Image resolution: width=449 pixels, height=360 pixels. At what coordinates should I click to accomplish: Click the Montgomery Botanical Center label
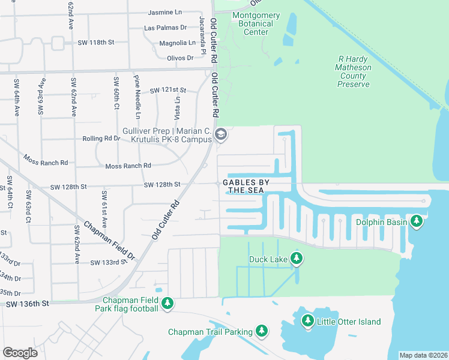[256, 23]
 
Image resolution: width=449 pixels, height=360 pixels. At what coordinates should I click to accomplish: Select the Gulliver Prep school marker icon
[220, 134]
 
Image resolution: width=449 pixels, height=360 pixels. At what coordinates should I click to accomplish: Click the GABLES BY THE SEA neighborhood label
[246, 186]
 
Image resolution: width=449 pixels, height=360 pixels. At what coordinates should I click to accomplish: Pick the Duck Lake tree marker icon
[296, 259]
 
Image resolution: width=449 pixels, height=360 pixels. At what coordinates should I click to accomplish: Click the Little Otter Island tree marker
[308, 322]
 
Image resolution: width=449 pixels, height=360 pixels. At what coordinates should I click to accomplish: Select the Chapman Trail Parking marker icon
[261, 331]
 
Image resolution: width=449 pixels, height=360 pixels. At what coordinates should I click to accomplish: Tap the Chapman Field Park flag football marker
[168, 304]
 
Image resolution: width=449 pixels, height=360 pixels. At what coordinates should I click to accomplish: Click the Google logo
[20, 353]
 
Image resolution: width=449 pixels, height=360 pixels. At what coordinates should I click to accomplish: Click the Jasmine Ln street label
[165, 12]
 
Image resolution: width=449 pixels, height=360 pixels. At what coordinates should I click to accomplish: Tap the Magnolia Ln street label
[177, 43]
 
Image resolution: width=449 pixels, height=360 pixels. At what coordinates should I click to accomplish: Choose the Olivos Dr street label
[181, 58]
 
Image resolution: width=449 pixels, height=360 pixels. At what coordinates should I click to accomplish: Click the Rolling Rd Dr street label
[101, 138]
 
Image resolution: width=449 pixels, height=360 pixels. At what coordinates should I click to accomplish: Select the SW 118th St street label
[95, 43]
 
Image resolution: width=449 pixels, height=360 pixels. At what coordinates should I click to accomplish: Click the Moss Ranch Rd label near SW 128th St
[128, 166]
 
